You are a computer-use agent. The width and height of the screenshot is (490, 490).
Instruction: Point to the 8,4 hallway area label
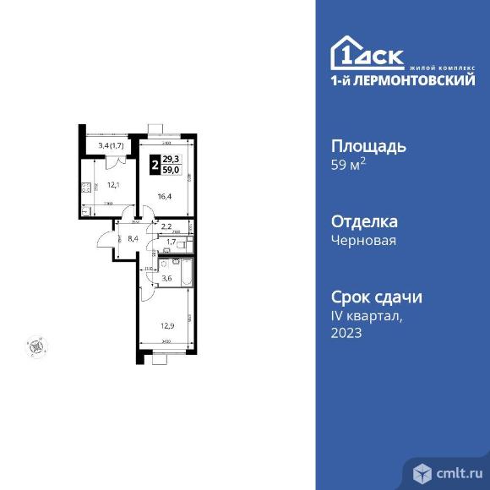tap(132, 239)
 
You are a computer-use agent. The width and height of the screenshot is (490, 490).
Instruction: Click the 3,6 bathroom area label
tap(167, 279)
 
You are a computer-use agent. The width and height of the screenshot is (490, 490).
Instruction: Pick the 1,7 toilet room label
tap(171, 242)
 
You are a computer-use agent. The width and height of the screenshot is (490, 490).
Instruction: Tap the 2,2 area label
tap(167, 226)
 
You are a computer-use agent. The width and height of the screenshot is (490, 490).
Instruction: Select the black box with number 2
tap(154, 165)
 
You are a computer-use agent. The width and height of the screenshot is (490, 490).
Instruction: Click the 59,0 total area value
tap(171, 170)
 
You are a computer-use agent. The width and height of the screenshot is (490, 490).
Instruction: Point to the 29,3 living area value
tap(171, 160)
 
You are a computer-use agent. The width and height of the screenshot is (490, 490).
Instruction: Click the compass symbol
tap(36, 345)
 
